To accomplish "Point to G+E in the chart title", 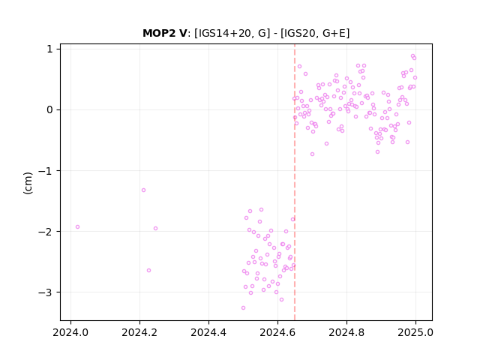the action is click(334, 33).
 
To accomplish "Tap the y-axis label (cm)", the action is click(28, 183).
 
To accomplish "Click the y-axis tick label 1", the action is click(50, 49).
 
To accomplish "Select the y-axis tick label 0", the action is click(49, 110).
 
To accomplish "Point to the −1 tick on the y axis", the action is click(46, 171).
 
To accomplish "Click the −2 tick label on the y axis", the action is click(46, 232).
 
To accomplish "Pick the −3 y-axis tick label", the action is click(46, 292).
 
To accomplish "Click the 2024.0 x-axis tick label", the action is click(70, 332).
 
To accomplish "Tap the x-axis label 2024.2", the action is click(139, 332).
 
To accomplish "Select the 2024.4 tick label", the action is click(208, 332).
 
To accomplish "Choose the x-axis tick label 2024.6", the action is click(277, 332).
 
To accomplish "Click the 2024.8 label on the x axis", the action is click(346, 332).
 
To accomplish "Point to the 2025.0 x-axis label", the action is click(415, 332).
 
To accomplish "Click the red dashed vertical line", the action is click(295, 182).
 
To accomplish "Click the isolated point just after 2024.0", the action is click(77, 226).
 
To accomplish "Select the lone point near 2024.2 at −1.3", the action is click(143, 190).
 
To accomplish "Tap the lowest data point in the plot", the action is click(243, 308).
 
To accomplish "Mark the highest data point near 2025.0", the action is click(412, 56).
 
